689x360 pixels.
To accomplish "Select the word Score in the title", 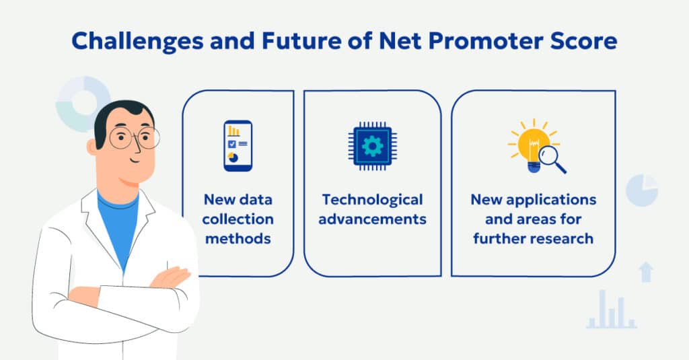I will tap(581, 42).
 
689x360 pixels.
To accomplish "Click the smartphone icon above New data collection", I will tap(238, 146).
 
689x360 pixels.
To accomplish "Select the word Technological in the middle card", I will tap(372, 200).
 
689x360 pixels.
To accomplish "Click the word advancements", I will tap(372, 219).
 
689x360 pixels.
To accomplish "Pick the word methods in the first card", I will tap(238, 238).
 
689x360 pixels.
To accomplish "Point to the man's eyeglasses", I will tap(134, 139).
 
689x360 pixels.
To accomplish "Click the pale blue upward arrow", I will tap(646, 271).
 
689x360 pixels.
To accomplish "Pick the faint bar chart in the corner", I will tap(611, 312).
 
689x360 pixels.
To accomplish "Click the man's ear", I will tap(94, 147).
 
